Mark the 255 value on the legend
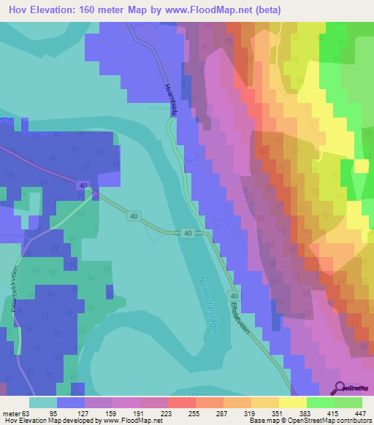click(194, 413)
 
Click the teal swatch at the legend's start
click(43, 402)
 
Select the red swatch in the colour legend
click(182, 402)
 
